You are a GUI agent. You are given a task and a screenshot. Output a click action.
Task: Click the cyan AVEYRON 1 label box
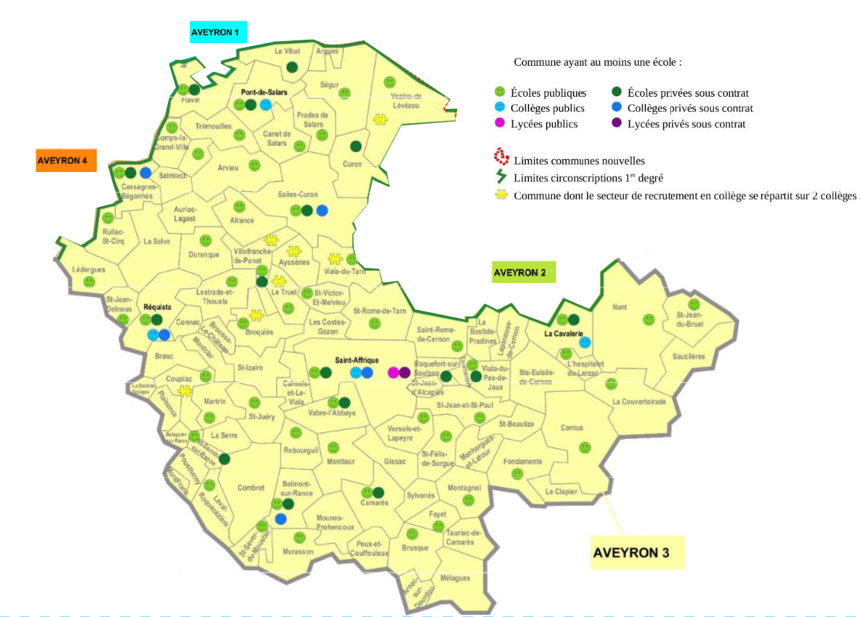pyautogui.click(x=218, y=32)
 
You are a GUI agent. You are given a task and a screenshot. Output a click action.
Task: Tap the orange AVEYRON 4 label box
pyautogui.click(x=66, y=161)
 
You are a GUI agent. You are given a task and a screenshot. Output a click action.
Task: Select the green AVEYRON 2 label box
pyautogui.click(x=524, y=273)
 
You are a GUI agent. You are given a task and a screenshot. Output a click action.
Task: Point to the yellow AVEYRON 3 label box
pyautogui.click(x=636, y=552)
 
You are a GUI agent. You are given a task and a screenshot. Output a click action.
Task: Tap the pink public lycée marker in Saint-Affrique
pyautogui.click(x=393, y=372)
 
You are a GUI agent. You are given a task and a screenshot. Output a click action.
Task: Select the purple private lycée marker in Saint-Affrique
pyautogui.click(x=404, y=372)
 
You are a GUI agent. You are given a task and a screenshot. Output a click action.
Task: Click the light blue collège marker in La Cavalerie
pyautogui.click(x=585, y=341)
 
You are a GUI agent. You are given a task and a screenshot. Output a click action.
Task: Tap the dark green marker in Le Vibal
pyautogui.click(x=292, y=67)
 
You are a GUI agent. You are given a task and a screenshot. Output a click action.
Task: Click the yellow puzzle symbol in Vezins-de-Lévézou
pyautogui.click(x=380, y=120)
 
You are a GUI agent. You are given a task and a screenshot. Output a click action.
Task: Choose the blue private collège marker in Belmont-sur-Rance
pyautogui.click(x=281, y=518)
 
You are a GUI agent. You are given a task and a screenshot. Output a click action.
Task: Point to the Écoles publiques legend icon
pyautogui.click(x=499, y=92)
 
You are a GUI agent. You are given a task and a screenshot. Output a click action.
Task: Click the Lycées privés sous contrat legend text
pyautogui.click(x=686, y=124)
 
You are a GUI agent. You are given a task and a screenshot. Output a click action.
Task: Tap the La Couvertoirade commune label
pyautogui.click(x=639, y=402)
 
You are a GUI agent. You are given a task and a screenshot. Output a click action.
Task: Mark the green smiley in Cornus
pyautogui.click(x=585, y=446)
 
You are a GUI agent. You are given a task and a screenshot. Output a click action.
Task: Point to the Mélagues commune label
pyautogui.click(x=455, y=578)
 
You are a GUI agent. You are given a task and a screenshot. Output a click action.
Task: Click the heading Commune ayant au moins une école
pyautogui.click(x=598, y=62)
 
